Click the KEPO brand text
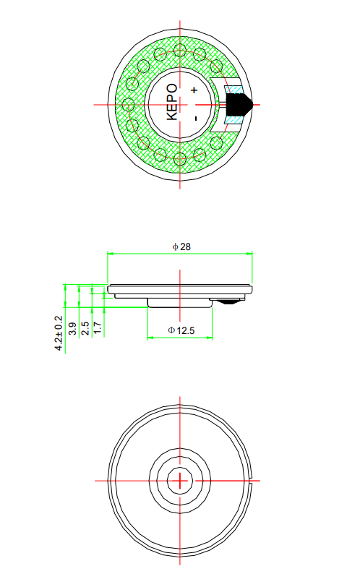pos(172,102)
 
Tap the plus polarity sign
pos(194,90)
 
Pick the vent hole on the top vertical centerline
pos(180,50)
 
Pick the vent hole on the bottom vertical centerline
pos(180,158)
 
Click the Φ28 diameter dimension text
pos(181,247)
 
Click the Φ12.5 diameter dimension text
pos(181,330)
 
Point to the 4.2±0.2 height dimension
pos(59,333)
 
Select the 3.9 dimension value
pos(72,329)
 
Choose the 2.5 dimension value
pos(85,328)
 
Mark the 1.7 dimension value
pos(98,328)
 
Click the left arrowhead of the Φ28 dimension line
pos(110,254)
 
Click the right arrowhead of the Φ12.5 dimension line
pos(210,338)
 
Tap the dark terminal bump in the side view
pos(229,299)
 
